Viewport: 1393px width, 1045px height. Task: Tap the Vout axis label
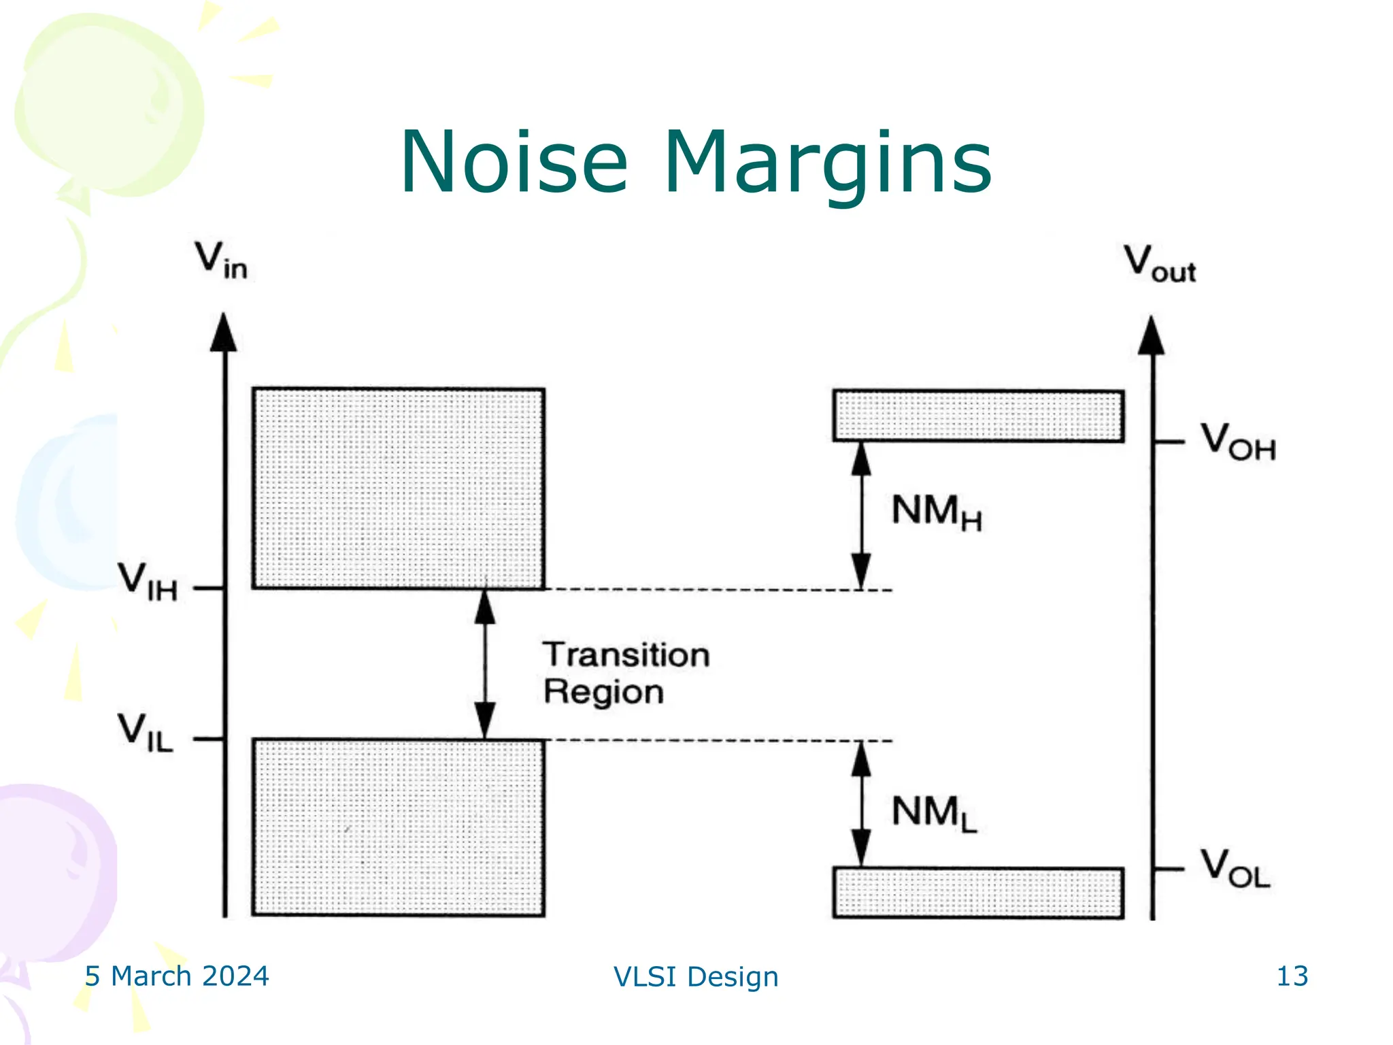point(1159,263)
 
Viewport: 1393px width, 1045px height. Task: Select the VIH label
point(148,582)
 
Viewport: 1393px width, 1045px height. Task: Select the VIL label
point(146,733)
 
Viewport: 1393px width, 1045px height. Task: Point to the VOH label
point(1237,442)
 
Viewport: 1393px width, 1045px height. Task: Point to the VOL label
point(1235,869)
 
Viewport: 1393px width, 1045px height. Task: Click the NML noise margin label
point(934,813)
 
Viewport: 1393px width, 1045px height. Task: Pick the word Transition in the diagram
point(626,655)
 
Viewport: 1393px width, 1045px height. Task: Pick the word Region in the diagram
point(603,693)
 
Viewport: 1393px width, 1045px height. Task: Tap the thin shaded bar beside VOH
point(978,416)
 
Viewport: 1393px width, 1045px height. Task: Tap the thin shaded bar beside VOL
point(978,893)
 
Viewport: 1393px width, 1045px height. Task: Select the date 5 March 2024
point(177,976)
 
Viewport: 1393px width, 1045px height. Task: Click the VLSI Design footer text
point(696,977)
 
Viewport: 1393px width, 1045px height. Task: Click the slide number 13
point(1292,976)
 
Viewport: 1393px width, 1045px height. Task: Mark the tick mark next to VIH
point(207,588)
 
